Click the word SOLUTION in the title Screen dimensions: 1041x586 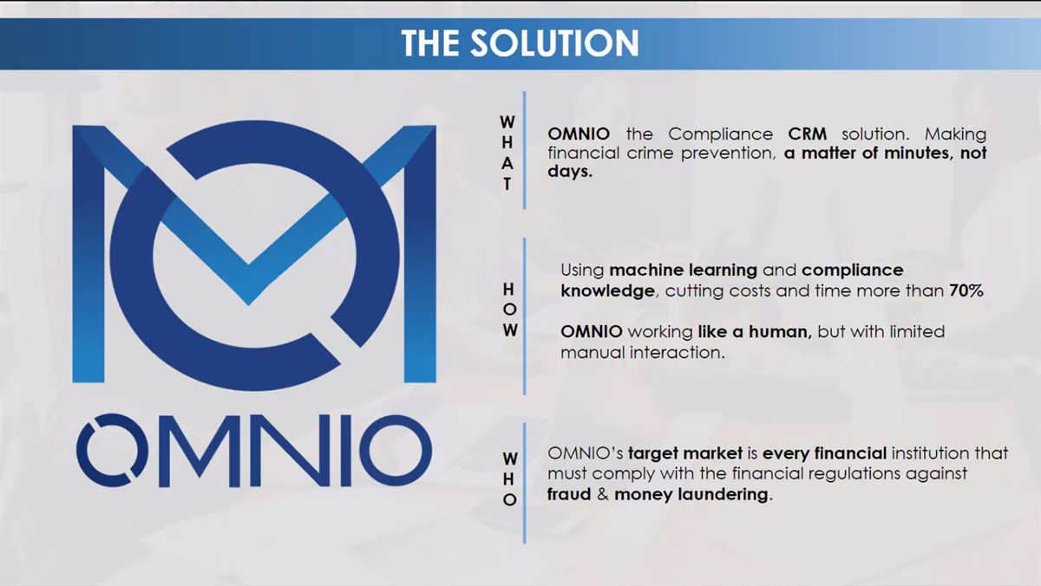tap(554, 42)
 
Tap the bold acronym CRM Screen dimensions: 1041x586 tap(808, 134)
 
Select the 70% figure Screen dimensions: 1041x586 tap(966, 290)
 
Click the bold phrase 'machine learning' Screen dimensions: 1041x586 tap(684, 270)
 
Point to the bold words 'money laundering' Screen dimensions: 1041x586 tap(691, 494)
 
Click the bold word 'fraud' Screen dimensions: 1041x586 tap(569, 494)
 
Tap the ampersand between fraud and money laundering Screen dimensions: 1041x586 tap(603, 494)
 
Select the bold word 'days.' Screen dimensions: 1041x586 tap(570, 172)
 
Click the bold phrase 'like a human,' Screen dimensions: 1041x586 tap(755, 331)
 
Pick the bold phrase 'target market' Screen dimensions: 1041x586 tap(685, 453)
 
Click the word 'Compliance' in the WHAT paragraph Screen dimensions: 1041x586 tap(720, 134)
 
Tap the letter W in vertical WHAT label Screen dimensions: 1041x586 tap(507, 122)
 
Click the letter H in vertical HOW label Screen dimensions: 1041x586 tap(508, 290)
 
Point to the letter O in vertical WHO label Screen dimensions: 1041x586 tap(510, 499)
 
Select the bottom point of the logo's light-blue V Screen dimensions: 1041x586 tap(249, 304)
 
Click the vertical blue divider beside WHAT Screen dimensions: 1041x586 tap(524, 151)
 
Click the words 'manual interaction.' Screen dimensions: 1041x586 tap(642, 353)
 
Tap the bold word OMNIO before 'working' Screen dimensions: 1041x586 tap(591, 331)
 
